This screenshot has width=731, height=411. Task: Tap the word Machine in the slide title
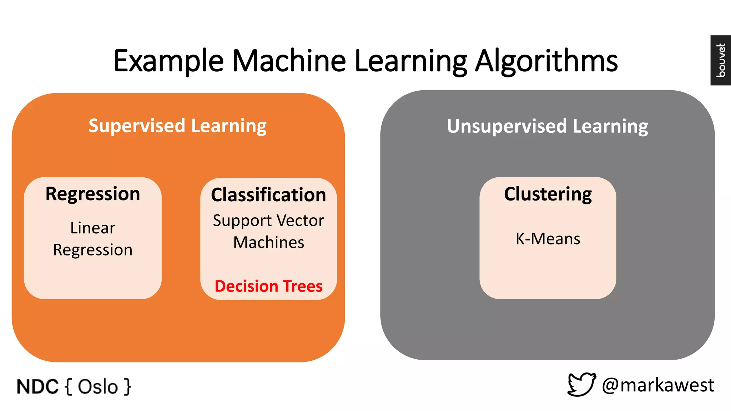point(289,61)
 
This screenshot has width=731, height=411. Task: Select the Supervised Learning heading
point(177,126)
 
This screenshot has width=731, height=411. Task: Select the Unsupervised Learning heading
point(547,126)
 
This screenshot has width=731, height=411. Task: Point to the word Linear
point(93,228)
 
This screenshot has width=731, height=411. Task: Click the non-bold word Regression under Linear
point(93,250)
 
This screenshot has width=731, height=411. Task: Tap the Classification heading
point(268,195)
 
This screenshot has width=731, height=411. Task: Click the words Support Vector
point(268,220)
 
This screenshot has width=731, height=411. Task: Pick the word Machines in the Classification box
point(268,243)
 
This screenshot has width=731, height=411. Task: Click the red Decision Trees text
point(268,286)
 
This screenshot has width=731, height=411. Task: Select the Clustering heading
point(548,194)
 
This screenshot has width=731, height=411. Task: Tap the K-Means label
point(548,239)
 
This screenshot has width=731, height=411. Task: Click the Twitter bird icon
point(581,385)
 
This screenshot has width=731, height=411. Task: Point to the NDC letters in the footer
point(37,387)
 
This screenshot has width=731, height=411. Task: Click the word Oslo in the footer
point(98,387)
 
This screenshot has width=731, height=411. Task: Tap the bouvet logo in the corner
point(721,60)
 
